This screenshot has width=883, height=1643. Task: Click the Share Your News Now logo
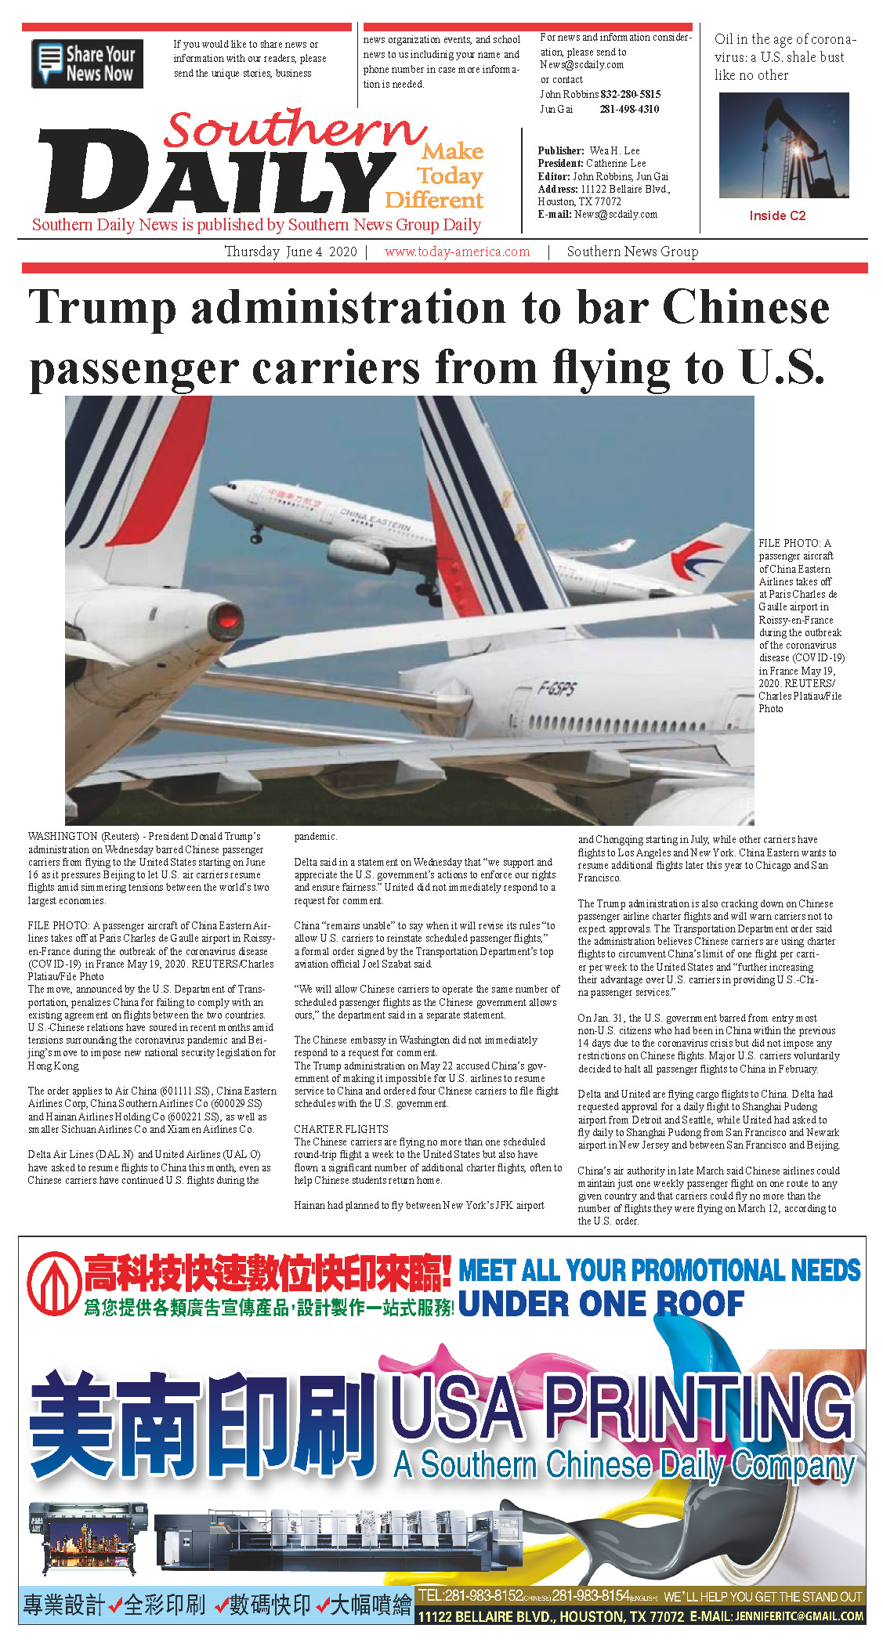pos(87,63)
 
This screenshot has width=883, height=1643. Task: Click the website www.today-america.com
pos(457,252)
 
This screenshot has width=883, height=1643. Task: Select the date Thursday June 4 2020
pos(290,252)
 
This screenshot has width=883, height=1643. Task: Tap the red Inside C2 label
pos(777,215)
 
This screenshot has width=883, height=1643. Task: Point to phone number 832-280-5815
pos(630,94)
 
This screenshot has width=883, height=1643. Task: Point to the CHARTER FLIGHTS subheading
pos(341,1129)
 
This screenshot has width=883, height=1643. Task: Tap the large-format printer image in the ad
pos(88,1537)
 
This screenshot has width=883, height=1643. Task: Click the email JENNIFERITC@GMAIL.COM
pos(799,1616)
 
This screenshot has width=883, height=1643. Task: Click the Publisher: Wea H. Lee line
pos(588,150)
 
